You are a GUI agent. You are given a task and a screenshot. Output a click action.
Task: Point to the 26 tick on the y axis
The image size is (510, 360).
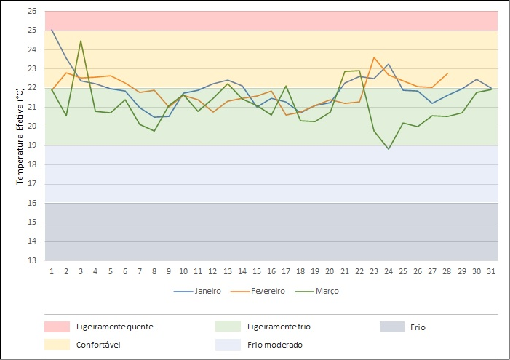coord(32,12)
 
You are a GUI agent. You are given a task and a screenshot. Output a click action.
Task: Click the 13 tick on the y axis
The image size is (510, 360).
coord(32,260)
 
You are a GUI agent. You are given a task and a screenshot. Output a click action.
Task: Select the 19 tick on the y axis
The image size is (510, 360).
coord(32,145)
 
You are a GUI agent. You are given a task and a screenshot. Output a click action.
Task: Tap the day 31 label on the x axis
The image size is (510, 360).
coord(491,271)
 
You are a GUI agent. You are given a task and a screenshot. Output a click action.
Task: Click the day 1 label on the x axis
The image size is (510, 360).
coord(52,271)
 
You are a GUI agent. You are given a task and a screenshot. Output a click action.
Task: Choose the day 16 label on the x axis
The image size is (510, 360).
coord(271,271)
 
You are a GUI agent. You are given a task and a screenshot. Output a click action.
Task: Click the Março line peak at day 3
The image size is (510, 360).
coord(81,41)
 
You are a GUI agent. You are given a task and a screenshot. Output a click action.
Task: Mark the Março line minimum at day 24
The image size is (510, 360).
coord(389,149)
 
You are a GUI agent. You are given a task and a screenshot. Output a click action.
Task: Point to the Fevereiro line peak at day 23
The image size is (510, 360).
coord(374,57)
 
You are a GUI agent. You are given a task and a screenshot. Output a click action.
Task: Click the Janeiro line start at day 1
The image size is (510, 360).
coord(52,30)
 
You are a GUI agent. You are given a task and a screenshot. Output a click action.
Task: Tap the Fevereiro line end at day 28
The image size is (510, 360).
coord(447,73)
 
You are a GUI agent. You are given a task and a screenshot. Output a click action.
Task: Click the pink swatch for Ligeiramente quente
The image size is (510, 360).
coord(57,327)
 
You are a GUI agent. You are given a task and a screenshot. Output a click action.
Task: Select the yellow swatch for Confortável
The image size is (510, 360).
coord(57,345)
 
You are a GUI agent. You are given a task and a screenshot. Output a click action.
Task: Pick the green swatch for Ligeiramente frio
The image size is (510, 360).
coord(228,327)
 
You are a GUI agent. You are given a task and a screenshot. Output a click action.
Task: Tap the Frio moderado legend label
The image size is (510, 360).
coord(275,345)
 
